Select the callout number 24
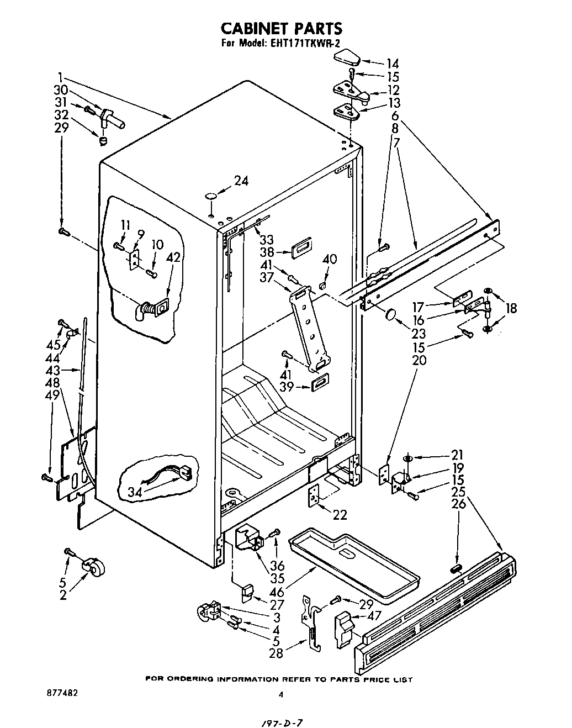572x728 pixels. (x=241, y=180)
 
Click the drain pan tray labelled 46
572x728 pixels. (x=353, y=563)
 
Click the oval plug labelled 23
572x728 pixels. (x=391, y=315)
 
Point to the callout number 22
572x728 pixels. (x=340, y=514)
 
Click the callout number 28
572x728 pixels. (x=276, y=653)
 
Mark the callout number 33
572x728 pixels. (x=267, y=240)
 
